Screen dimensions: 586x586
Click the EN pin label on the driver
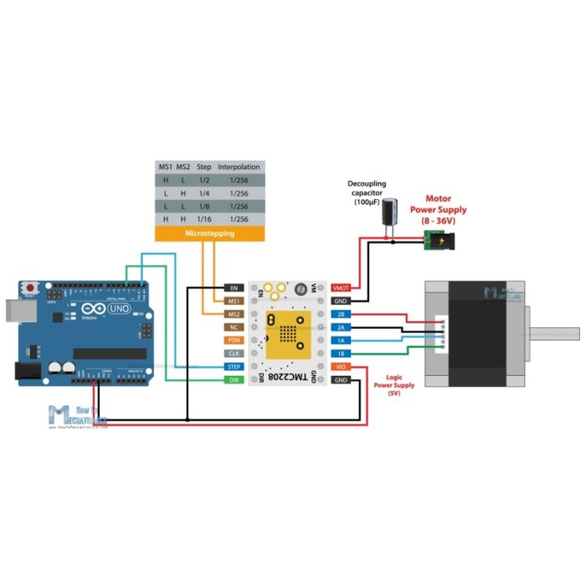tap(234, 288)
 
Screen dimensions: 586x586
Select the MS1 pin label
tap(234, 301)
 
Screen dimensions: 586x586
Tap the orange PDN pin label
tap(234, 340)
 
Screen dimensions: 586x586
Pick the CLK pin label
tap(234, 353)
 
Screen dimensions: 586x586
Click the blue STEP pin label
tap(234, 367)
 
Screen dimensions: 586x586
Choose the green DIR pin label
tap(234, 380)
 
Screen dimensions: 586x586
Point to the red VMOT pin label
tap(342, 288)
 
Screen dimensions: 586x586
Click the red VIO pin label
tap(342, 367)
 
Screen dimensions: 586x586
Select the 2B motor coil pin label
tap(342, 314)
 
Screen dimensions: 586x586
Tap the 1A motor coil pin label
tap(342, 341)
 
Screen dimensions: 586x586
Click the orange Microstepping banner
tap(209, 234)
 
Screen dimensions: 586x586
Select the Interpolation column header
tap(239, 167)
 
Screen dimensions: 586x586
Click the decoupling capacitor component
tap(389, 217)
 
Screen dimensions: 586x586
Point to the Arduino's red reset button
tap(31, 285)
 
